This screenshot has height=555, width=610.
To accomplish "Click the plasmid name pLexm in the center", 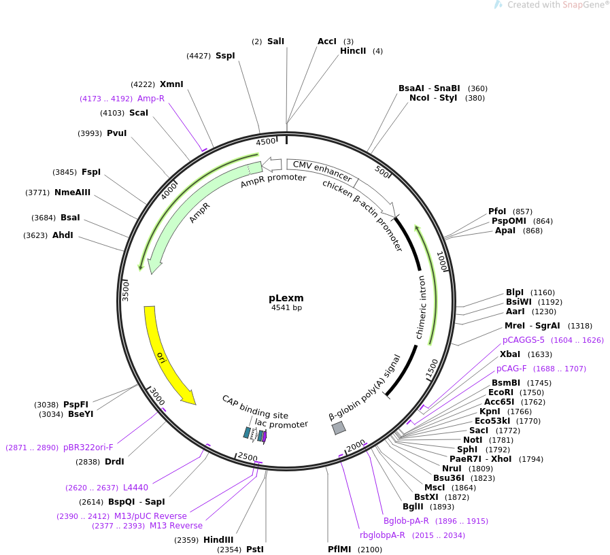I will pos(286,298).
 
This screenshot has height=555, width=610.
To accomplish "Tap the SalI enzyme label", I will pos(275,41).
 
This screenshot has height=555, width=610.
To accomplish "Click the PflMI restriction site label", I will pos(339,549).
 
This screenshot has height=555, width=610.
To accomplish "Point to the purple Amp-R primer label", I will pos(151,99).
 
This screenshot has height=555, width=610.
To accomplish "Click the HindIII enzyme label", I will pos(218,540).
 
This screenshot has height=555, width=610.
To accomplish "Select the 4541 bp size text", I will pos(286,308).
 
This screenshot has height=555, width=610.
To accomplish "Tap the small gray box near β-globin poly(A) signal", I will pos(339,427).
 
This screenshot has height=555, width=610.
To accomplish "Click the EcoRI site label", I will pos(501,392).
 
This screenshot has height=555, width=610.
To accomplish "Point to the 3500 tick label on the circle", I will pos(126,290).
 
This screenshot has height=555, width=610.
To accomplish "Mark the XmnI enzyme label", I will pos(171,84).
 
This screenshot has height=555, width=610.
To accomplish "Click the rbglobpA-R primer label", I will pos(382,535).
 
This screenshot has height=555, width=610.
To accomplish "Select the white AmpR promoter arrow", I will pos(271,164).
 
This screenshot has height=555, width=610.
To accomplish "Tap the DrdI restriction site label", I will pos(114,462).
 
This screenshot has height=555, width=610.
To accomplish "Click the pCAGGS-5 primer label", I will pos(524,340).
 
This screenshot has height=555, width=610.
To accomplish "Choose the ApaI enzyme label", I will pos(505,231).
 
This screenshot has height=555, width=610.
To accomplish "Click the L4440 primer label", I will pos(135,488).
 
